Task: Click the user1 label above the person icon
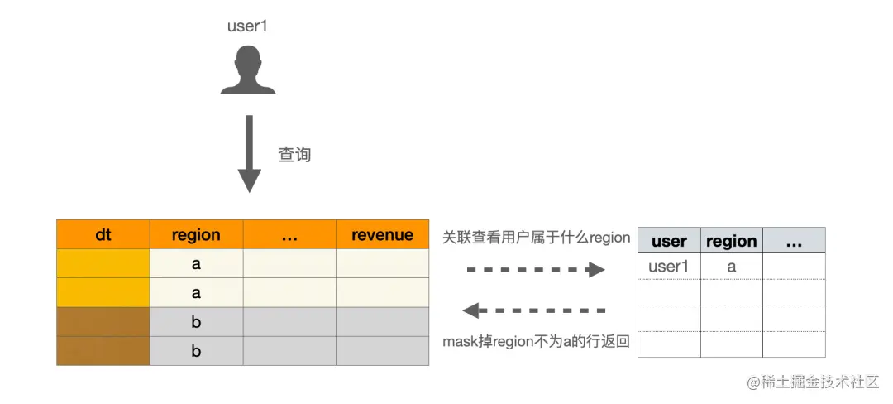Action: click(x=247, y=26)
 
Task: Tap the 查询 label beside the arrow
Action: click(x=294, y=155)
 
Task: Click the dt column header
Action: click(x=103, y=234)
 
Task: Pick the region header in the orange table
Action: click(x=196, y=234)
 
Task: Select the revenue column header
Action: click(x=382, y=234)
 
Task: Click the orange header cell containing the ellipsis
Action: click(x=289, y=234)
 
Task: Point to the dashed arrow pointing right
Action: click(x=536, y=270)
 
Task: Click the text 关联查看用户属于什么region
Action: click(x=536, y=238)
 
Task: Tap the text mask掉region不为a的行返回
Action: click(x=536, y=341)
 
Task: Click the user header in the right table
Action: click(x=669, y=241)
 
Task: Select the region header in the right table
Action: click(x=731, y=241)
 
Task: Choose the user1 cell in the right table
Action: click(x=669, y=267)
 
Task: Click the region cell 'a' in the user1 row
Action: click(x=731, y=267)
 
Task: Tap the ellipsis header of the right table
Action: click(x=794, y=241)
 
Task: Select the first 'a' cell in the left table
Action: click(x=196, y=263)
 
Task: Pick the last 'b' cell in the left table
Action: click(x=196, y=351)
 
